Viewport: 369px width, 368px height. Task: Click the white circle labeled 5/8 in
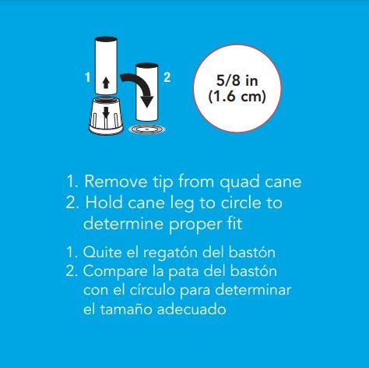click(237, 88)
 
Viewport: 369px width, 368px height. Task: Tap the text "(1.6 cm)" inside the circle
click(237, 97)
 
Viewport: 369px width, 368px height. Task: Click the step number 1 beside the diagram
click(88, 77)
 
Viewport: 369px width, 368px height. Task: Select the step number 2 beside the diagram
click(167, 77)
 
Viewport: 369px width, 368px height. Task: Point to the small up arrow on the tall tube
click(106, 83)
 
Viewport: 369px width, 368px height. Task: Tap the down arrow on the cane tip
click(106, 113)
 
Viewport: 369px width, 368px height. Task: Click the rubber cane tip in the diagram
click(106, 115)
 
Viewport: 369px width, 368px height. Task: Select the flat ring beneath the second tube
click(148, 129)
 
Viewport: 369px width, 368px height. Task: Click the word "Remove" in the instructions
click(116, 181)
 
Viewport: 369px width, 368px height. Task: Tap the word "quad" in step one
click(240, 182)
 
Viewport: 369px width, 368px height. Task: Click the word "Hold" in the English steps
click(104, 202)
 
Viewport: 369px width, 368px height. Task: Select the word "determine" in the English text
click(124, 224)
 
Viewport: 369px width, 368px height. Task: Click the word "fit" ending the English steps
click(234, 223)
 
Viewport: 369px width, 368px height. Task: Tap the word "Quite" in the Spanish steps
click(102, 252)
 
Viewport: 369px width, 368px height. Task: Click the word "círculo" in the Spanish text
click(152, 290)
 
